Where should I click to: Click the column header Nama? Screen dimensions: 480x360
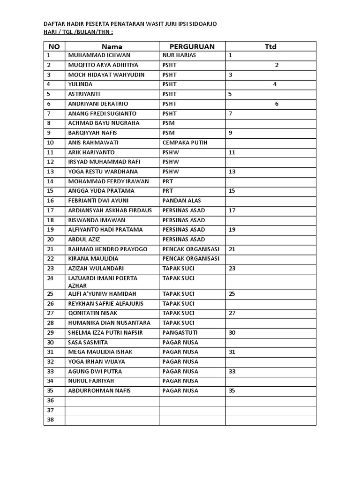pyautogui.click(x=112, y=46)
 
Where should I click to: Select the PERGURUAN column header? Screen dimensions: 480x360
pyautogui.click(x=192, y=46)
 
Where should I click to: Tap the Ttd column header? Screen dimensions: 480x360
pyautogui.click(x=270, y=46)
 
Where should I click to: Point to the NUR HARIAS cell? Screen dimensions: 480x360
pyautogui.click(x=179, y=55)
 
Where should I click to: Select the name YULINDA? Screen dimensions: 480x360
pyautogui.click(x=80, y=84)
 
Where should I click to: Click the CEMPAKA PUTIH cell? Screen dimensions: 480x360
pyautogui.click(x=185, y=142)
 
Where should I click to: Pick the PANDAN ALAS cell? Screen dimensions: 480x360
pyautogui.click(x=181, y=201)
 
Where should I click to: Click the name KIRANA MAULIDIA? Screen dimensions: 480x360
pyautogui.click(x=93, y=259)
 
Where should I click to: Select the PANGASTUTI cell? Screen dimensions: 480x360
pyautogui.click(x=180, y=333)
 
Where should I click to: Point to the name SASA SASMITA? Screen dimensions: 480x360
pyautogui.click(x=88, y=343)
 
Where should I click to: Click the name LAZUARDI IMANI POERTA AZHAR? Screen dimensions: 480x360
pyautogui.click(x=103, y=282)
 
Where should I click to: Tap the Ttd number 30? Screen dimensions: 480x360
pyautogui.click(x=232, y=333)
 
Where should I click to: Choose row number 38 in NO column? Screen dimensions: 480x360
pyautogui.click(x=50, y=420)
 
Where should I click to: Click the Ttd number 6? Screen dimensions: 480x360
pyautogui.click(x=277, y=104)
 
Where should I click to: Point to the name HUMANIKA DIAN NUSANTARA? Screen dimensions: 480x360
pyautogui.click(x=109, y=323)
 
